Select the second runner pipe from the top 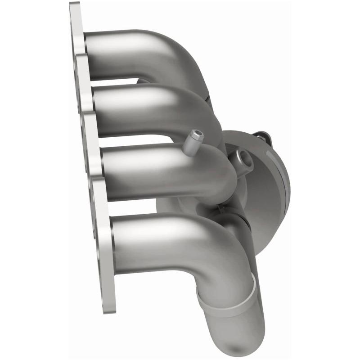[135, 108]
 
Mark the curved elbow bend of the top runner [180, 54]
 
